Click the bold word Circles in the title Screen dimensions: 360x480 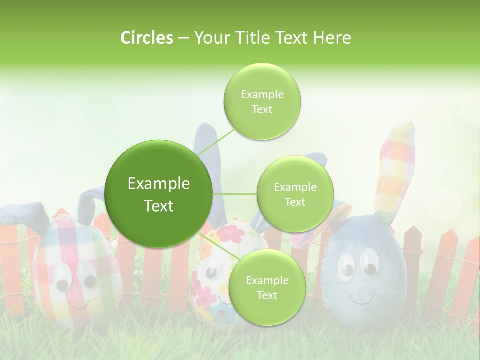[x=146, y=38]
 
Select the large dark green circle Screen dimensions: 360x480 [x=159, y=194]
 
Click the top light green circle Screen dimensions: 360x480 [x=262, y=102]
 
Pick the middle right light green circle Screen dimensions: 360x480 [x=295, y=194]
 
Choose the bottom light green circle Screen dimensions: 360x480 [x=267, y=288]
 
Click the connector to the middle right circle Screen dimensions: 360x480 [x=235, y=194]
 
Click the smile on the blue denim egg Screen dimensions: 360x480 [x=361, y=299]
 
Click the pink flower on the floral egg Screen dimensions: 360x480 [x=234, y=233]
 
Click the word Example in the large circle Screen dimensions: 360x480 [x=159, y=184]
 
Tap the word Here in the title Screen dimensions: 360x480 [x=332, y=38]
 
